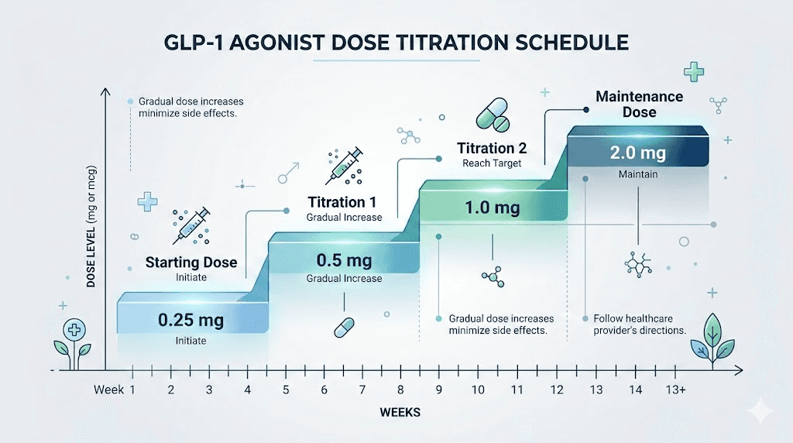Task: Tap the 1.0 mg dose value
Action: (492, 208)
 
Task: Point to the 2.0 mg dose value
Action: (637, 153)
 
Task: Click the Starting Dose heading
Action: (191, 262)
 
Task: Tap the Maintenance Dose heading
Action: (639, 105)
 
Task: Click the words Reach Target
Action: (492, 163)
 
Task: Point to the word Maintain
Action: (638, 174)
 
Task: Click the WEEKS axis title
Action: (400, 413)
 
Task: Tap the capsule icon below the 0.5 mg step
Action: (343, 327)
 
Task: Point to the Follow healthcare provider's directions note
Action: (639, 325)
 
